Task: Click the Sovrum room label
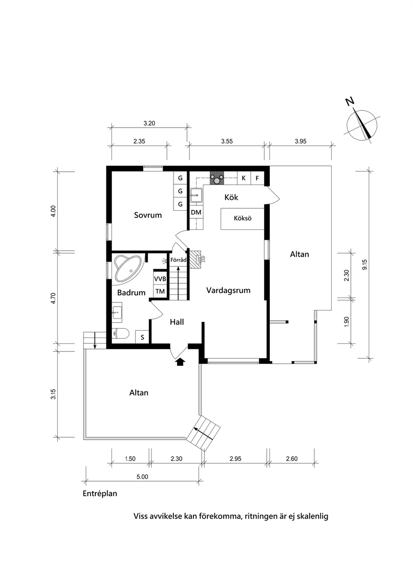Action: pos(148,215)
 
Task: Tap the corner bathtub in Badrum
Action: pos(128,268)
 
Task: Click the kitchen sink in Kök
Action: pos(197,195)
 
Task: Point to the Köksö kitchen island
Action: pos(242,219)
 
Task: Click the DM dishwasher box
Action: pos(196,212)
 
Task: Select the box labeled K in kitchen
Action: pos(244,178)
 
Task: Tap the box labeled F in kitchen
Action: pos(257,178)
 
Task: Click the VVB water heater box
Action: pos(160,279)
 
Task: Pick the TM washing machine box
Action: pos(160,291)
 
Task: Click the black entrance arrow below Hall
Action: pos(180,362)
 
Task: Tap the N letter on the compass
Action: pos(350,101)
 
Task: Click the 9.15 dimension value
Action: pos(365,265)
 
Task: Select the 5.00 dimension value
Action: pos(142,477)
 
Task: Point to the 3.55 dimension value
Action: pos(227,141)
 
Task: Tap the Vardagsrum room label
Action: pos(228,290)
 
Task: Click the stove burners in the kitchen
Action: pos(216,178)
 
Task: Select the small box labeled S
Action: pos(142,337)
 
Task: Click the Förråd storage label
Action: pos(178,260)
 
